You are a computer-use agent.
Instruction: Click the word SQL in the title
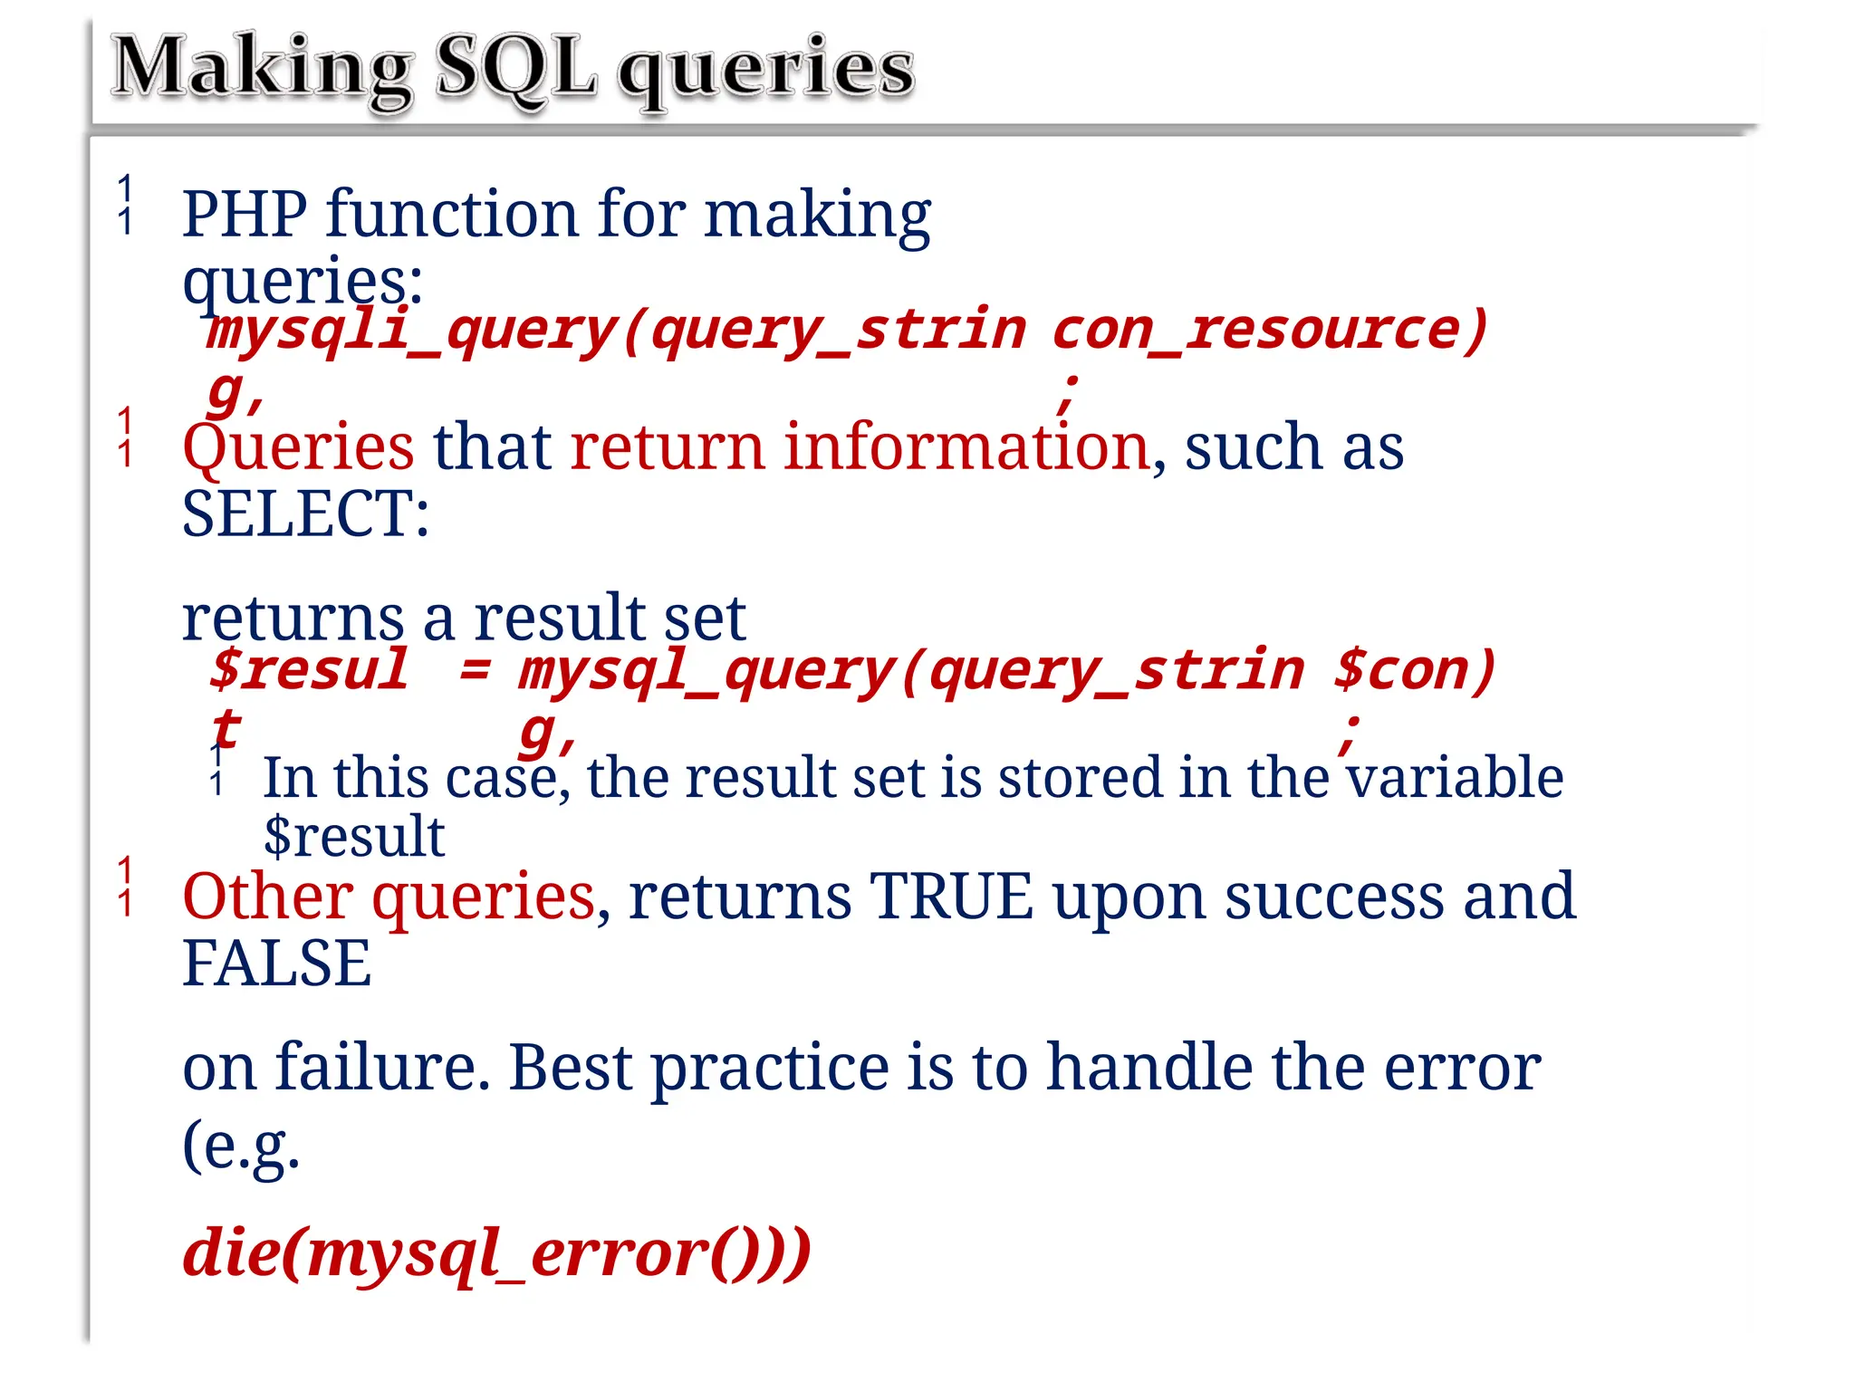(516, 69)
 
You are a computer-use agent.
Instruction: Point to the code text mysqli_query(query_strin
(616, 331)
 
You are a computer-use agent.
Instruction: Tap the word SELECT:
(306, 513)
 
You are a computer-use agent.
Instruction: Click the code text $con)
(1414, 670)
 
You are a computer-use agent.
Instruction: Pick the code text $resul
(309, 670)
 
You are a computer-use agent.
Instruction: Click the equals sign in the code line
(475, 670)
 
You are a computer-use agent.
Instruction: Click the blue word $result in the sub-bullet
(354, 836)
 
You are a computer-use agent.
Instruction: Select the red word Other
(268, 896)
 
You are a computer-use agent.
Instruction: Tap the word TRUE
(951, 896)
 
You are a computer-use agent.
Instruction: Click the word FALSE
(276, 963)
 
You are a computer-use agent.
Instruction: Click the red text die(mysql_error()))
(496, 1253)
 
